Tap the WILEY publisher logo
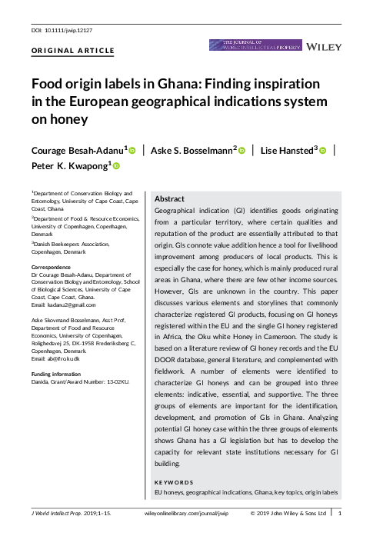point(325,47)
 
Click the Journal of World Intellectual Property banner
point(255,45)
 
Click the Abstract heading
point(170,198)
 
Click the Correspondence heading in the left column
point(55,268)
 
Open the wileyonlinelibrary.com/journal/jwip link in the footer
point(187,512)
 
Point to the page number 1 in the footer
point(341,512)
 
